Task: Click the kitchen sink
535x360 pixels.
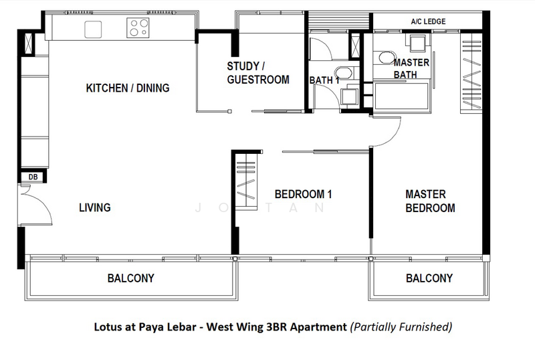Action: tap(93, 29)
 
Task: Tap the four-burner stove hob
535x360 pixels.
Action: tap(138, 27)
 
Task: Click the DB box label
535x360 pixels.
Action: tap(33, 177)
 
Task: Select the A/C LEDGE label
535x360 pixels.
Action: tap(428, 21)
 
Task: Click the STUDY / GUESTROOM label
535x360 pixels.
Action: tap(258, 73)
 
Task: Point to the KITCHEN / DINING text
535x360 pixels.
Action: tap(128, 88)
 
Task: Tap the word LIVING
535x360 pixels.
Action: tap(95, 207)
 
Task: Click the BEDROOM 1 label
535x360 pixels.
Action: tap(304, 194)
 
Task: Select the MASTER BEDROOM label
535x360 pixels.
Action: tap(430, 201)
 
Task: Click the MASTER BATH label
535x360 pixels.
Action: tap(411, 68)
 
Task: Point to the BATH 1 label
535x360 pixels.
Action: tap(324, 80)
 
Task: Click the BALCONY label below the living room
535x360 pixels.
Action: tap(130, 278)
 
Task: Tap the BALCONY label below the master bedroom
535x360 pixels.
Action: tap(429, 278)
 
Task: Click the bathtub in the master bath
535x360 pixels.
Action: tap(402, 96)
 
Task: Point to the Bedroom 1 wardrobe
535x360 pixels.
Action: tap(247, 181)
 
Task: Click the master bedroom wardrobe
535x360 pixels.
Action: tap(471, 72)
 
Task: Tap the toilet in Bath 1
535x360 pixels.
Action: tap(344, 73)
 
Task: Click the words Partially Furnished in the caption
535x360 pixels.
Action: tap(401, 327)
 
